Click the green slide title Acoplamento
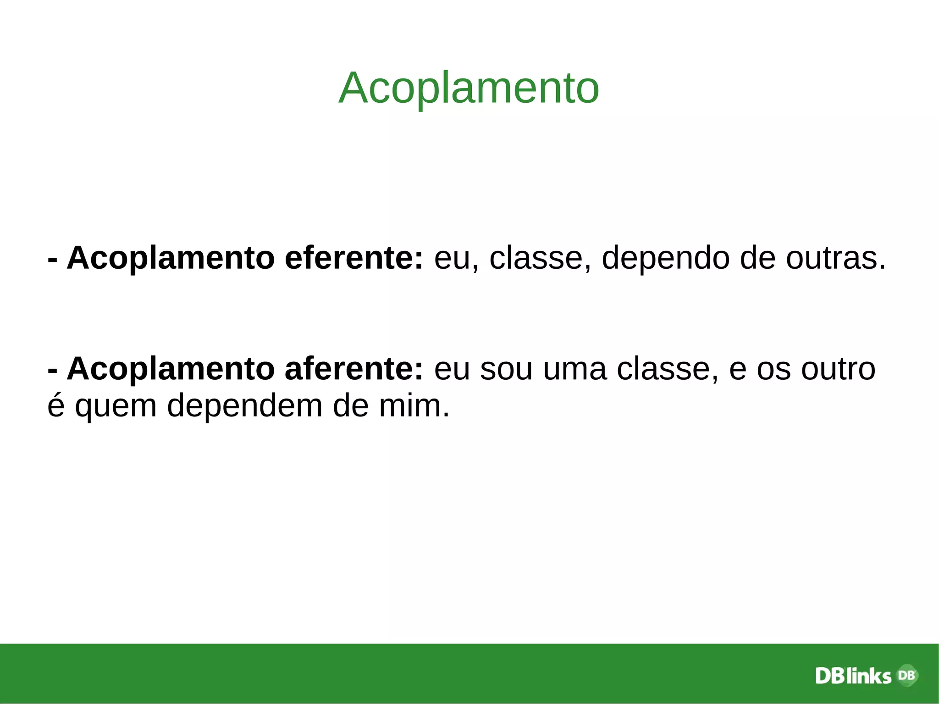pos(469,88)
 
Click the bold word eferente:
pos(354,258)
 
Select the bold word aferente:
pos(354,369)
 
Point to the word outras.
pos(835,258)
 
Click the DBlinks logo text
pos(853,676)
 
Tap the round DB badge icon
pos(906,675)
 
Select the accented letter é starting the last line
pos(56,405)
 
